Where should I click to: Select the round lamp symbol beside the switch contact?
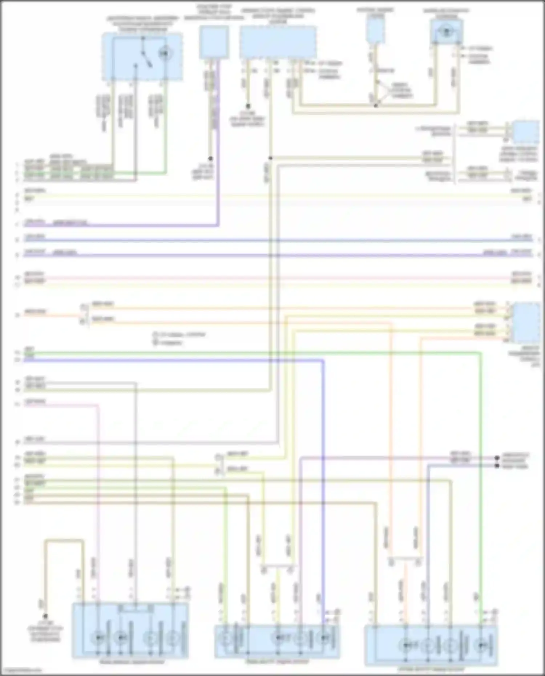click(165, 54)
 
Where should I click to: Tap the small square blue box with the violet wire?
click(214, 43)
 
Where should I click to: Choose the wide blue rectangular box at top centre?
click(278, 41)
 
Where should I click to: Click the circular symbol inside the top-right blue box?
click(446, 31)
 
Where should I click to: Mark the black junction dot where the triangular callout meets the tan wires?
click(376, 106)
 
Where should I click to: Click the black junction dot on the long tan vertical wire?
click(270, 158)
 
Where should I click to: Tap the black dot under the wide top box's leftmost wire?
click(248, 106)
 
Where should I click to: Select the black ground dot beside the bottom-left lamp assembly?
click(45, 616)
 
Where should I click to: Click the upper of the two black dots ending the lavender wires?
click(497, 458)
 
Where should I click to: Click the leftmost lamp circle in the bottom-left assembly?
click(98, 637)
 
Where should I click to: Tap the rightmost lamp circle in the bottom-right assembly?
click(481, 645)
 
